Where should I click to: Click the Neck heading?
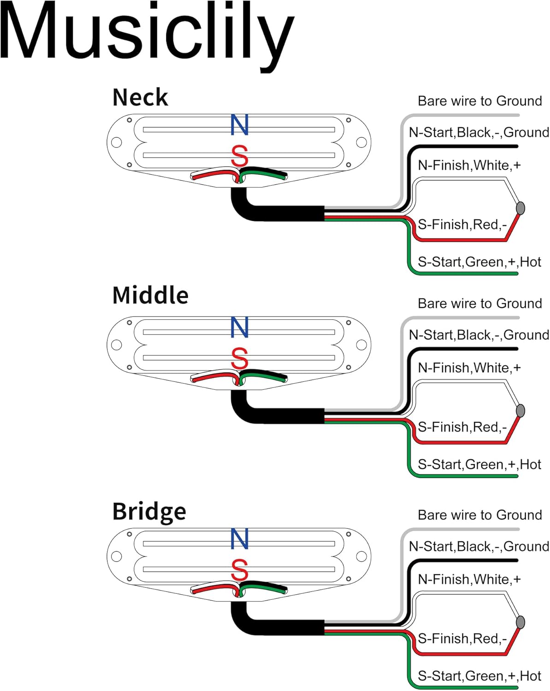140,97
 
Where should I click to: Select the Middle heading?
150,295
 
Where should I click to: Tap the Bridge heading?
149,512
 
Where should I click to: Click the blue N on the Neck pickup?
239,124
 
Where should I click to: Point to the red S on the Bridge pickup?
239,570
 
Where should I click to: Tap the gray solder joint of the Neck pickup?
520,208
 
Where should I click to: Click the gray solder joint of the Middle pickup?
520,410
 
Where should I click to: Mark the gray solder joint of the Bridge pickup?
520,622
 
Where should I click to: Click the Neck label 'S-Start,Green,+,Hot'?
479,262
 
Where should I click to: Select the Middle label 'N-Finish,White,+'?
469,368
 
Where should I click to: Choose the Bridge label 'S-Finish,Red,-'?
462,638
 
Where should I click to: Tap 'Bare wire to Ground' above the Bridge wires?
480,515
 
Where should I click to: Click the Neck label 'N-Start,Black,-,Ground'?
479,132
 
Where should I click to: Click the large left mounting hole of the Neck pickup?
116,142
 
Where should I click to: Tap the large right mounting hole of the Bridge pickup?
361,556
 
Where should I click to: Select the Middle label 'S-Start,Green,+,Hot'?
479,464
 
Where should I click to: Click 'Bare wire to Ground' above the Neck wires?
480,101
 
